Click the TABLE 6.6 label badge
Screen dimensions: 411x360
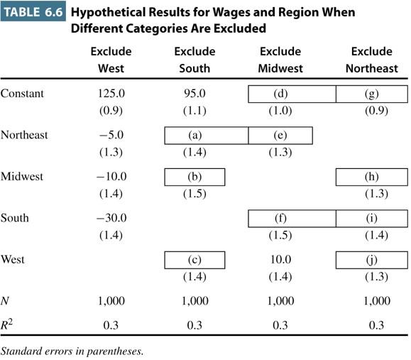[33, 11]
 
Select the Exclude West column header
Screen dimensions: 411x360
[111, 60]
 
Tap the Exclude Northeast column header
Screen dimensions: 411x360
[372, 60]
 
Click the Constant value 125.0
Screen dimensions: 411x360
[111, 93]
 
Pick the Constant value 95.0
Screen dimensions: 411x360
[194, 93]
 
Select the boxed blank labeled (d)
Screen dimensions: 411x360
[292, 94]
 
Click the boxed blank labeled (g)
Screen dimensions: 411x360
[372, 94]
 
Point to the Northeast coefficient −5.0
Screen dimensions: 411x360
[111, 135]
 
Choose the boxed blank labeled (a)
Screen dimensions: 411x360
[207, 136]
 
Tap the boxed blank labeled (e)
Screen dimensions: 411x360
[280, 136]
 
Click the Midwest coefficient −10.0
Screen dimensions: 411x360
[111, 177]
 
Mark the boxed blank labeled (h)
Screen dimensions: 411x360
[372, 177]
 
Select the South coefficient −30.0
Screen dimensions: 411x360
[111, 218]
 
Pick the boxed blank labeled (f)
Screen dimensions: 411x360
[292, 219]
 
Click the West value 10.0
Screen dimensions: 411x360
[280, 260]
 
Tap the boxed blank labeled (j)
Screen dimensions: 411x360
[372, 260]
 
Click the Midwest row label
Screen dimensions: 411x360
[22, 177]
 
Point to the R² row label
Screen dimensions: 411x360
[6, 324]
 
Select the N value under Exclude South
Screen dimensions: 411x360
[195, 301]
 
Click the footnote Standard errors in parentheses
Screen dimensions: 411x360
[72, 351]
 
